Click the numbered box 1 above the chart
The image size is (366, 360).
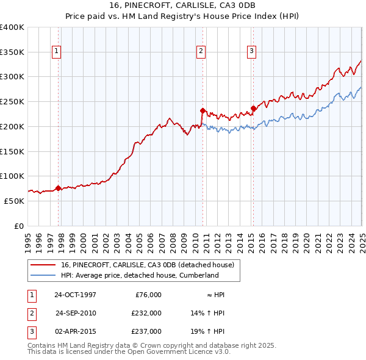(56, 52)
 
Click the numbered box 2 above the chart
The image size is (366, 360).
(201, 52)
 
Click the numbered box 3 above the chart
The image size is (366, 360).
(251, 52)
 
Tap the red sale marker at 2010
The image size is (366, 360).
(203, 110)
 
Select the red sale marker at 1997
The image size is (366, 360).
(59, 188)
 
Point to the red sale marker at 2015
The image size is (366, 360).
(253, 108)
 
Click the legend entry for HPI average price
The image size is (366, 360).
(140, 275)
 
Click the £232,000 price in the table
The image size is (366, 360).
(146, 313)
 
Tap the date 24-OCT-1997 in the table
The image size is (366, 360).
(75, 295)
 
